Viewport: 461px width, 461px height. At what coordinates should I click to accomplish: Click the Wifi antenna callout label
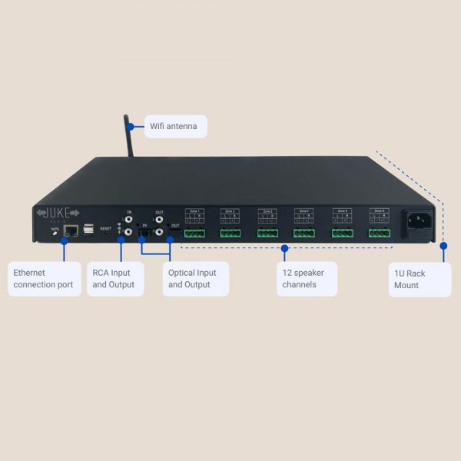click(173, 126)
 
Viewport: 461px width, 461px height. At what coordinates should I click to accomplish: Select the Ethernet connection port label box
click(44, 279)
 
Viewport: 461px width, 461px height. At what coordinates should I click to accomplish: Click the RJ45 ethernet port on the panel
click(71, 229)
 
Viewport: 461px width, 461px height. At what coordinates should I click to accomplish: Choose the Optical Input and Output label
click(192, 279)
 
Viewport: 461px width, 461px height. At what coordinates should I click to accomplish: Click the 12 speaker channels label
click(306, 279)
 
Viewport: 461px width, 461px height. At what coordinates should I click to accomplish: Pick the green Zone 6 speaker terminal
click(379, 233)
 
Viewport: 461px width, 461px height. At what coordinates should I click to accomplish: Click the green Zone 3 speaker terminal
click(267, 233)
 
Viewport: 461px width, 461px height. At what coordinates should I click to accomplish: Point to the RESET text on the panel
click(106, 228)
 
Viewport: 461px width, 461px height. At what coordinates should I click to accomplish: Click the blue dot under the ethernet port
click(64, 241)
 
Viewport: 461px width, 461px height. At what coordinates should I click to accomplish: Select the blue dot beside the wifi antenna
click(131, 126)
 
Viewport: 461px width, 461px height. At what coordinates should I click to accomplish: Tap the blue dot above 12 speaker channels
click(285, 247)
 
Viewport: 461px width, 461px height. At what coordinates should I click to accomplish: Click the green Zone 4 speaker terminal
click(304, 233)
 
